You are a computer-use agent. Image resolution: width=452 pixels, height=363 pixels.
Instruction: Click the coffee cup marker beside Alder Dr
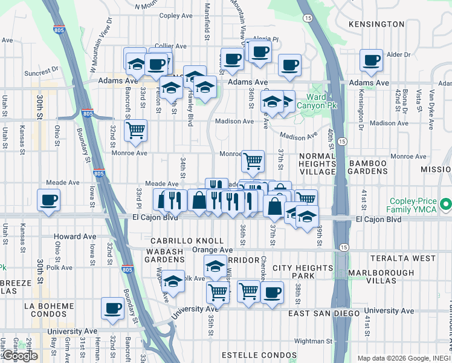click(371, 60)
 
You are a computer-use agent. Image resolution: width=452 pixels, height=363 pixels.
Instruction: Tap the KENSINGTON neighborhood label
click(376, 24)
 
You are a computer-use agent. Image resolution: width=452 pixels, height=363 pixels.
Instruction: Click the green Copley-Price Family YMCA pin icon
click(446, 204)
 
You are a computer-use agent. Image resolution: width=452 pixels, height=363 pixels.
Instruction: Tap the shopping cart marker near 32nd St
click(135, 129)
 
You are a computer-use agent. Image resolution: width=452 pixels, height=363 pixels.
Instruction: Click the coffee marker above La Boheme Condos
click(112, 309)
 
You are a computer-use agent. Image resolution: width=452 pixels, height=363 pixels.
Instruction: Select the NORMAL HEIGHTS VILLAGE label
click(317, 164)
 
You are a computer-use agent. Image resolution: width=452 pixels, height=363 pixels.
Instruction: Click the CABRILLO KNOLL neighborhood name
click(179, 241)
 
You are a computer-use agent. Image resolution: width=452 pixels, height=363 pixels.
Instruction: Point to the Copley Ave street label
click(176, 16)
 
